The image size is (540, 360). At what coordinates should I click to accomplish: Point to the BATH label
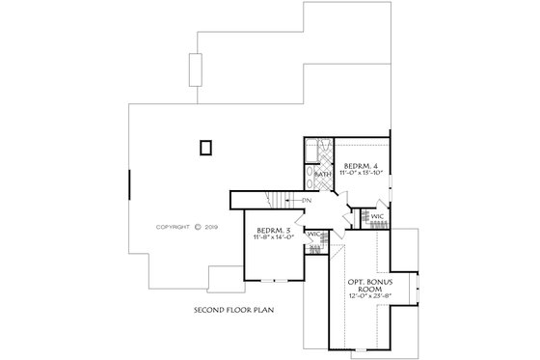(x=321, y=174)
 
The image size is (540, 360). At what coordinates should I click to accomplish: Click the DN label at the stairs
(x=305, y=200)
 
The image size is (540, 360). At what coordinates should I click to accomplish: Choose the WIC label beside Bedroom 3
(x=313, y=235)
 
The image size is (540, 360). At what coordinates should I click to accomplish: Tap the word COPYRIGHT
(x=174, y=229)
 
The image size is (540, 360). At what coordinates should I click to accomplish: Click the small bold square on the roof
(x=203, y=148)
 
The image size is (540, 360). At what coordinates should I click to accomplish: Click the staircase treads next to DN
(x=282, y=200)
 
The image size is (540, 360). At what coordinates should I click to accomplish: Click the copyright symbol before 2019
(x=198, y=229)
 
